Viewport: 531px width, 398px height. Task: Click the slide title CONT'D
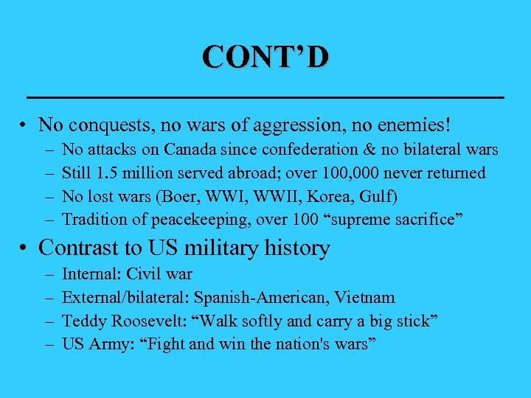(266, 57)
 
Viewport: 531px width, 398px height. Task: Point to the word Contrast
(75, 248)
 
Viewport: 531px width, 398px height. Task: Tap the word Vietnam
(367, 298)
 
